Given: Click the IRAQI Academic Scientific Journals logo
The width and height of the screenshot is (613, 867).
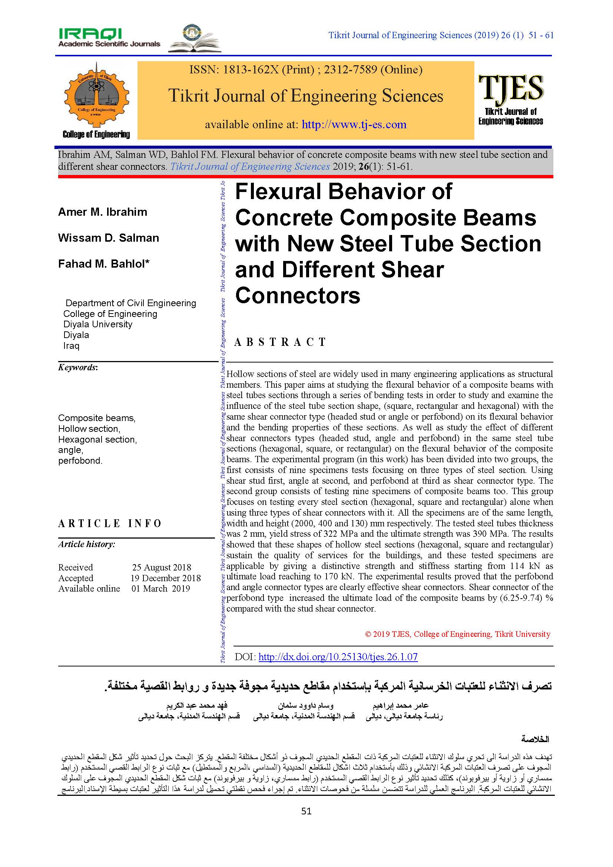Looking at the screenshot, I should [109, 38].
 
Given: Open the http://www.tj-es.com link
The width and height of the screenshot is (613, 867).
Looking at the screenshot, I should [354, 124].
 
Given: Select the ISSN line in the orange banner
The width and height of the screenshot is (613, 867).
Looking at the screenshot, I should [306, 70].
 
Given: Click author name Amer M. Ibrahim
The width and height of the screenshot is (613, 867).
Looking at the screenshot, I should [103, 212].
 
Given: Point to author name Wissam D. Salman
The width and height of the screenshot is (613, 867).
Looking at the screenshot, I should [108, 238].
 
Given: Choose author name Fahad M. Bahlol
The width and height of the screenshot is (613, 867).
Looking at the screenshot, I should [103, 264].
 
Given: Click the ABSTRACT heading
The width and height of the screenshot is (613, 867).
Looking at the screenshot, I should [280, 342].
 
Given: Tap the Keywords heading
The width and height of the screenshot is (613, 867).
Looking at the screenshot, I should [78, 367].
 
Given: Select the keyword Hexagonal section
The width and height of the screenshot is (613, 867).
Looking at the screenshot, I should [97, 440].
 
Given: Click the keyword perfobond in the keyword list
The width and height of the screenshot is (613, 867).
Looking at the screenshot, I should [80, 461].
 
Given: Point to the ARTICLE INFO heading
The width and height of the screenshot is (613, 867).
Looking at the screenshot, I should [110, 523].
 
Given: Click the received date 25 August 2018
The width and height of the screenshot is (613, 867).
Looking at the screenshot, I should [162, 567].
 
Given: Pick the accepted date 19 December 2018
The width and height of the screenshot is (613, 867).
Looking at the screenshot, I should [166, 578].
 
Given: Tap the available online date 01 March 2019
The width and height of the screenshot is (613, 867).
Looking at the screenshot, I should [161, 588].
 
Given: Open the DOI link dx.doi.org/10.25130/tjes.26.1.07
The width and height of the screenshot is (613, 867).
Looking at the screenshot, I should [338, 657].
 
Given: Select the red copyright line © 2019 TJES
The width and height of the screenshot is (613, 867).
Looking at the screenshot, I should [457, 634].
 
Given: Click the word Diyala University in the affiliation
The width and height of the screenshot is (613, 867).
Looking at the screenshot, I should [98, 324].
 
